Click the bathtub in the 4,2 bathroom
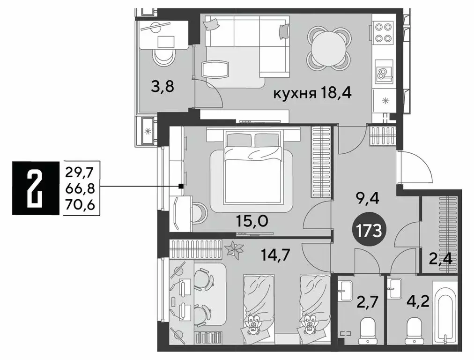444,312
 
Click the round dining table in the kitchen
329,47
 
